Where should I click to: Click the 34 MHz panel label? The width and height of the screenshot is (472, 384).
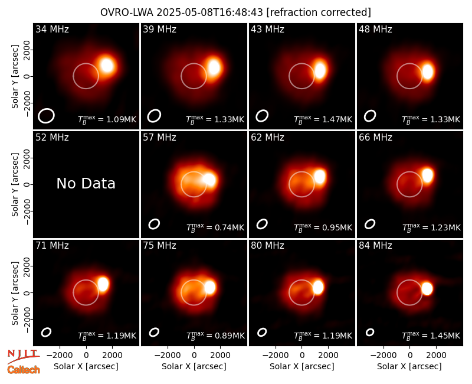(52, 29)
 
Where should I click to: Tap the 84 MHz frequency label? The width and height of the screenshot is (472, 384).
(375, 246)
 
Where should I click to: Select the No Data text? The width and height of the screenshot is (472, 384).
(86, 183)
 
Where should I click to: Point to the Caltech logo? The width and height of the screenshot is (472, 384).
(24, 370)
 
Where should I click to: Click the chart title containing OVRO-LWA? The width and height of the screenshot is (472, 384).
(235, 12)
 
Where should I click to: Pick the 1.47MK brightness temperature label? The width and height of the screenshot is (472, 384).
(323, 119)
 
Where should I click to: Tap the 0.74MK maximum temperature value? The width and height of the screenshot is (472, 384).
(215, 227)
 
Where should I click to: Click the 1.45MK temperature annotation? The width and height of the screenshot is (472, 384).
(431, 335)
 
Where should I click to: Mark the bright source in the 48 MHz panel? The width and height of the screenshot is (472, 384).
(428, 72)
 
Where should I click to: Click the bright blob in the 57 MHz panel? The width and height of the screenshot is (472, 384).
(209, 180)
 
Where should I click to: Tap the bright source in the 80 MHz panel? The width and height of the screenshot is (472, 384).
(318, 287)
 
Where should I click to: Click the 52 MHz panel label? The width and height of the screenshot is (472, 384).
(52, 138)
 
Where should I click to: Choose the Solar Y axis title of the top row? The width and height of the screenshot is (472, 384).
(15, 77)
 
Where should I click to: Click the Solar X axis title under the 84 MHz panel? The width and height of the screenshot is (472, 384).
(409, 366)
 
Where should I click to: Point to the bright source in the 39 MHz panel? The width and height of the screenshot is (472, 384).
(214, 67)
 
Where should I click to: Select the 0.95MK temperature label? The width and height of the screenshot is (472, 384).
(323, 227)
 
